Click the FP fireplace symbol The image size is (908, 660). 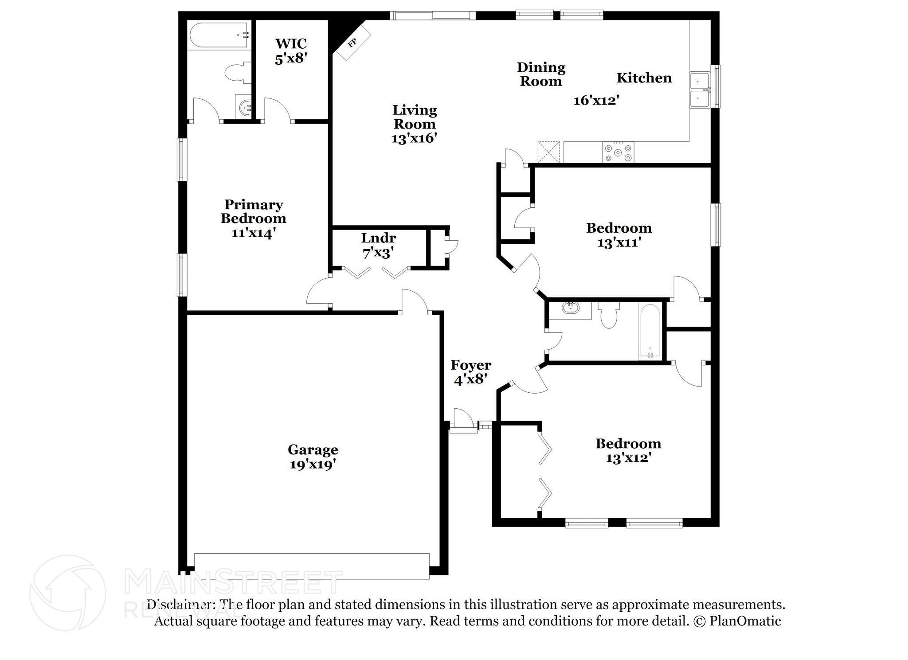point(352,43)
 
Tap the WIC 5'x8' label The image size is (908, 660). point(291,51)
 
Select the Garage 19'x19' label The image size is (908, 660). point(313,457)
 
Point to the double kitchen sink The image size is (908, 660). point(701,90)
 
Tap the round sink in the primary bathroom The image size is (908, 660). point(245,107)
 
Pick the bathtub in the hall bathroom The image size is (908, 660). point(650,331)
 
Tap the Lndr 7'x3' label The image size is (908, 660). point(379,245)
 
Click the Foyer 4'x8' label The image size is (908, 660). point(471,372)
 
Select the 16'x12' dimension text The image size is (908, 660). point(596,100)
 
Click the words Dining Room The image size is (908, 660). point(541,74)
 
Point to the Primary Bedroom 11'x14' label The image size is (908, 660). point(254,219)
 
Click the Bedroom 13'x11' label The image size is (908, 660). point(619,235)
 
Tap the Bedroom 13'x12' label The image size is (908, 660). point(628,450)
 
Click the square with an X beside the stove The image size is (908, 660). point(549,152)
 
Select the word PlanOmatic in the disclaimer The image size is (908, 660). point(745,621)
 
